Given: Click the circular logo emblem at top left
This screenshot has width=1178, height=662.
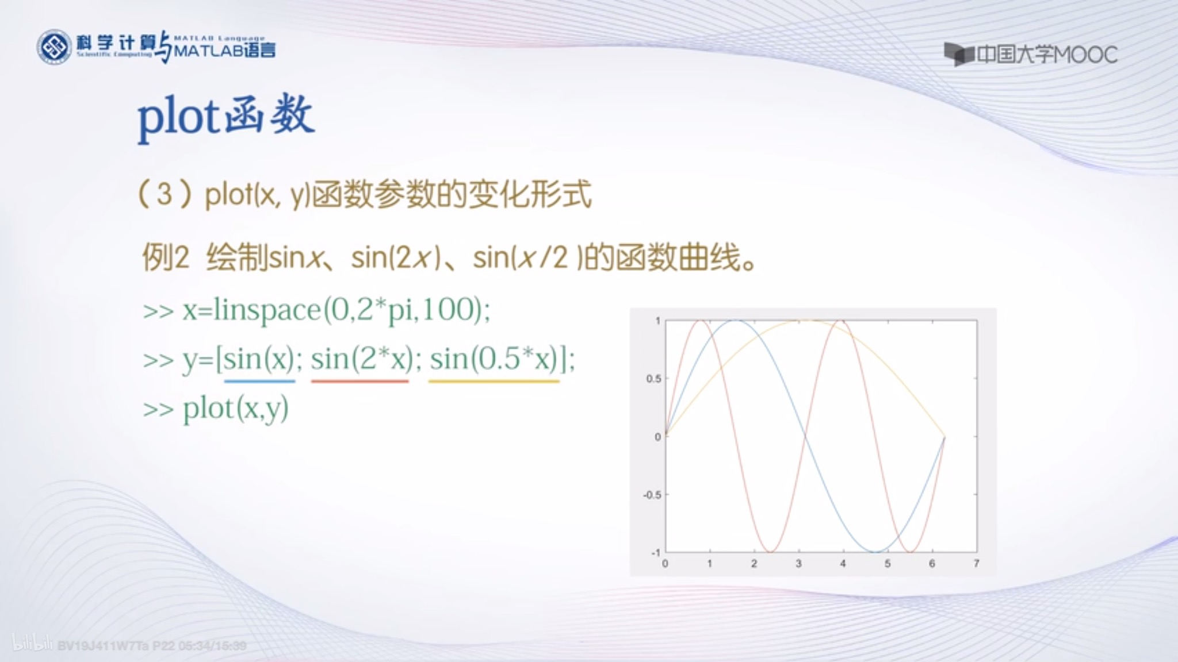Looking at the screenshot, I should (54, 47).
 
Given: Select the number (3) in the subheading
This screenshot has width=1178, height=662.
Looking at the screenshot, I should (165, 194).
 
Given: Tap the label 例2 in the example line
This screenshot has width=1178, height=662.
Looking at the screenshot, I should (166, 257).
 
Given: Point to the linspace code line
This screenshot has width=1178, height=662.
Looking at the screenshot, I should (316, 310).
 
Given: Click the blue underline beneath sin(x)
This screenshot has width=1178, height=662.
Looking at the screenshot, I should (259, 381).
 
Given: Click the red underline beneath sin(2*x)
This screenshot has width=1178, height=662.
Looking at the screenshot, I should (360, 381).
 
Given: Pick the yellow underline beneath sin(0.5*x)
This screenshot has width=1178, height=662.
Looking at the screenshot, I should (494, 381).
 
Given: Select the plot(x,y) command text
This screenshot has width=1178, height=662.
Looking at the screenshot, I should (236, 409).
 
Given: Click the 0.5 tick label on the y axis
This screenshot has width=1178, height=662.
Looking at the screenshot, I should (653, 379).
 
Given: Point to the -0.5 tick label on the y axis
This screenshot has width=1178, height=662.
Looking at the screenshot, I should (652, 495).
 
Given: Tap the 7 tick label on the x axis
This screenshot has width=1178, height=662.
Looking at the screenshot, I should (976, 564).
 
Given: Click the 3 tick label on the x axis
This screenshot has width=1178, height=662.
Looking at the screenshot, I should (798, 564).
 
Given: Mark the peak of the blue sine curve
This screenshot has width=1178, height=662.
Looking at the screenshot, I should (735, 321).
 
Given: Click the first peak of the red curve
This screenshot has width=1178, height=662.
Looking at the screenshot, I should (701, 321).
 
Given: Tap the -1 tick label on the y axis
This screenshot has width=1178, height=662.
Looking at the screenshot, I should (655, 553).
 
